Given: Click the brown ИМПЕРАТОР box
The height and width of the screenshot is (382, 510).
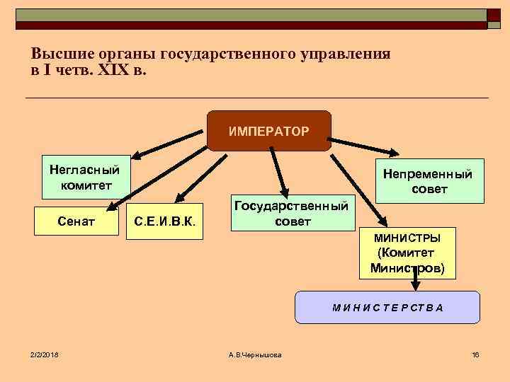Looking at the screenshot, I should point(268,131).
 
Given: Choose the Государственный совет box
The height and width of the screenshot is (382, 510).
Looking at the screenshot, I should point(291,212).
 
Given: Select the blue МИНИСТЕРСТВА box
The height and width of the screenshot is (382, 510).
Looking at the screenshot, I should point(387,307).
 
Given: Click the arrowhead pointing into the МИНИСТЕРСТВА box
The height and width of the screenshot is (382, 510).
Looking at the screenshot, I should point(416,286).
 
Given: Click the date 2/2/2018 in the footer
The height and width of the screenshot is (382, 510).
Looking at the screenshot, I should point(44,354).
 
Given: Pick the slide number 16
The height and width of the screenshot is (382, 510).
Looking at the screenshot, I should point(475,354).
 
